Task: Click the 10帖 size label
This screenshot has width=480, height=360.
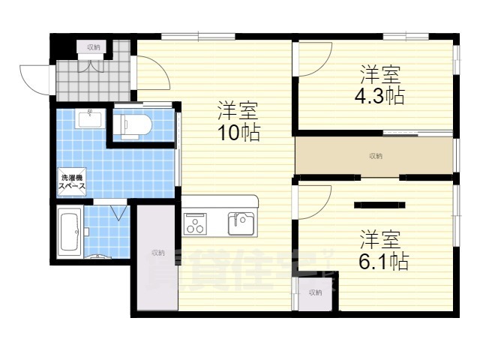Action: point(239,133)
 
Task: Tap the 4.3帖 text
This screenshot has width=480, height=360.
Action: point(380,97)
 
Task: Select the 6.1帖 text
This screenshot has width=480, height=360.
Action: point(382,262)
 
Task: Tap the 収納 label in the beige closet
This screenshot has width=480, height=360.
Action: point(376,156)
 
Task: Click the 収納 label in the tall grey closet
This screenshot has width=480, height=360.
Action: point(157,253)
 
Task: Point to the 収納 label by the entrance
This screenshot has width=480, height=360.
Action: point(93,47)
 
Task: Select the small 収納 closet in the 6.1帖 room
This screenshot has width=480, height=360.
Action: point(314,292)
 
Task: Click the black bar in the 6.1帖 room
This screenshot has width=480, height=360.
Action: point(379,204)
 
